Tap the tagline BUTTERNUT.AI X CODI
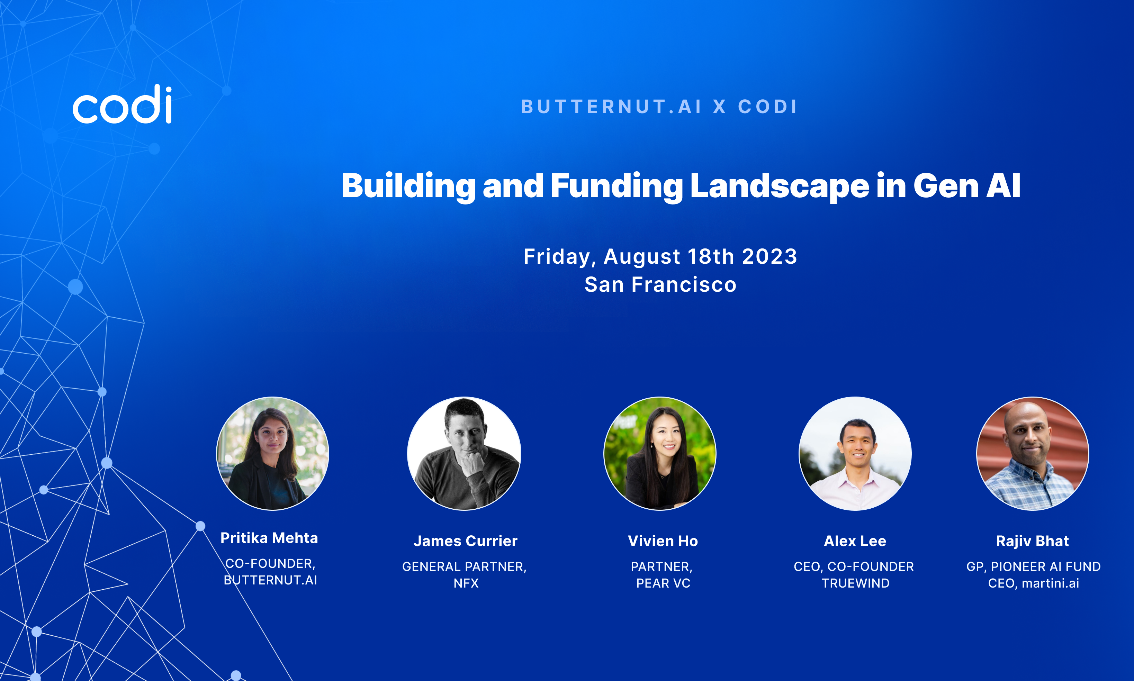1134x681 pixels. coord(660,107)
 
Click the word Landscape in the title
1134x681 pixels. coord(779,186)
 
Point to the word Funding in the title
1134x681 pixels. coord(616,186)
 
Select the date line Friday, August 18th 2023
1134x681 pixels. coord(660,256)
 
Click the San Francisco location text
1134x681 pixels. coord(660,284)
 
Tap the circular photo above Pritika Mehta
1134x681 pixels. coord(273,453)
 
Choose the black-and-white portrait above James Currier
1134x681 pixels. coord(464,453)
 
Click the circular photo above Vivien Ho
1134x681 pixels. coord(659,453)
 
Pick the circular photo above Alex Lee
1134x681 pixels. coord(855,453)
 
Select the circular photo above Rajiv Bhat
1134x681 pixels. coord(1033,453)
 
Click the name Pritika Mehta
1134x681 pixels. coord(269,538)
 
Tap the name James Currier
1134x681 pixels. coord(465,541)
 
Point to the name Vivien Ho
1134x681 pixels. coord(663,541)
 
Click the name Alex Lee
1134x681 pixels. coord(855,541)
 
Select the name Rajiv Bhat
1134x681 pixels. coord(1033,541)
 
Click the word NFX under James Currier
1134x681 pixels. coord(466,583)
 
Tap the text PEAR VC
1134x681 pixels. coord(663,583)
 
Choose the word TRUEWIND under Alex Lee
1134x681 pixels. coord(855,583)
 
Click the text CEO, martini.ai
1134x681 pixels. coord(1034,583)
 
